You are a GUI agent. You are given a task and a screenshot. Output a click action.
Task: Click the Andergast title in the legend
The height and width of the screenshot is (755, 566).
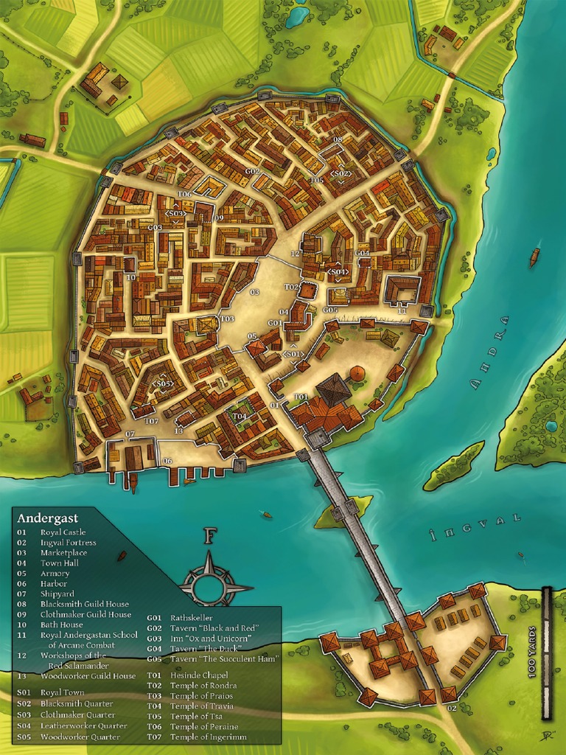[47, 518]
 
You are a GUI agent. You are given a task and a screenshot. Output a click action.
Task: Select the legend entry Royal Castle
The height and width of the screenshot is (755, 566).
[62, 532]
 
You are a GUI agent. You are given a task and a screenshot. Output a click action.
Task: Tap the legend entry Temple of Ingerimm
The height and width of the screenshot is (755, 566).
[209, 737]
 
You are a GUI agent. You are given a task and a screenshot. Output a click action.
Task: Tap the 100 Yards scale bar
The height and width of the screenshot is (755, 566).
[546, 653]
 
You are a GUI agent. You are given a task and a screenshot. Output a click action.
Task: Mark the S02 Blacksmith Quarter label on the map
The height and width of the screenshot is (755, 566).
[341, 174]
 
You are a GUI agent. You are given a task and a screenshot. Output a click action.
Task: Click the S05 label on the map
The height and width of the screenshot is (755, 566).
[162, 384]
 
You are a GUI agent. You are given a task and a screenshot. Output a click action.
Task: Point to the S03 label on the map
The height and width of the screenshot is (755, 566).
[175, 214]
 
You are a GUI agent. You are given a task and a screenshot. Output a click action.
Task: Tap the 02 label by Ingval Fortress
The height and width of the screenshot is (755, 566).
[452, 708]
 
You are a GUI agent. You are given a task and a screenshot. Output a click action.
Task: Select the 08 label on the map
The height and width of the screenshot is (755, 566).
[338, 139]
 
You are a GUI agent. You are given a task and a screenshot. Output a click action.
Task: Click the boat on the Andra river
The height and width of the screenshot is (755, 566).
[534, 257]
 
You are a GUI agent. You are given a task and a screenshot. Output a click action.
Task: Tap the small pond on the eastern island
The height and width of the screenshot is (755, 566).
[551, 426]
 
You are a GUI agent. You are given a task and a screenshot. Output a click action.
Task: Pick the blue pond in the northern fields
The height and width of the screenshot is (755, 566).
[297, 16]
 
